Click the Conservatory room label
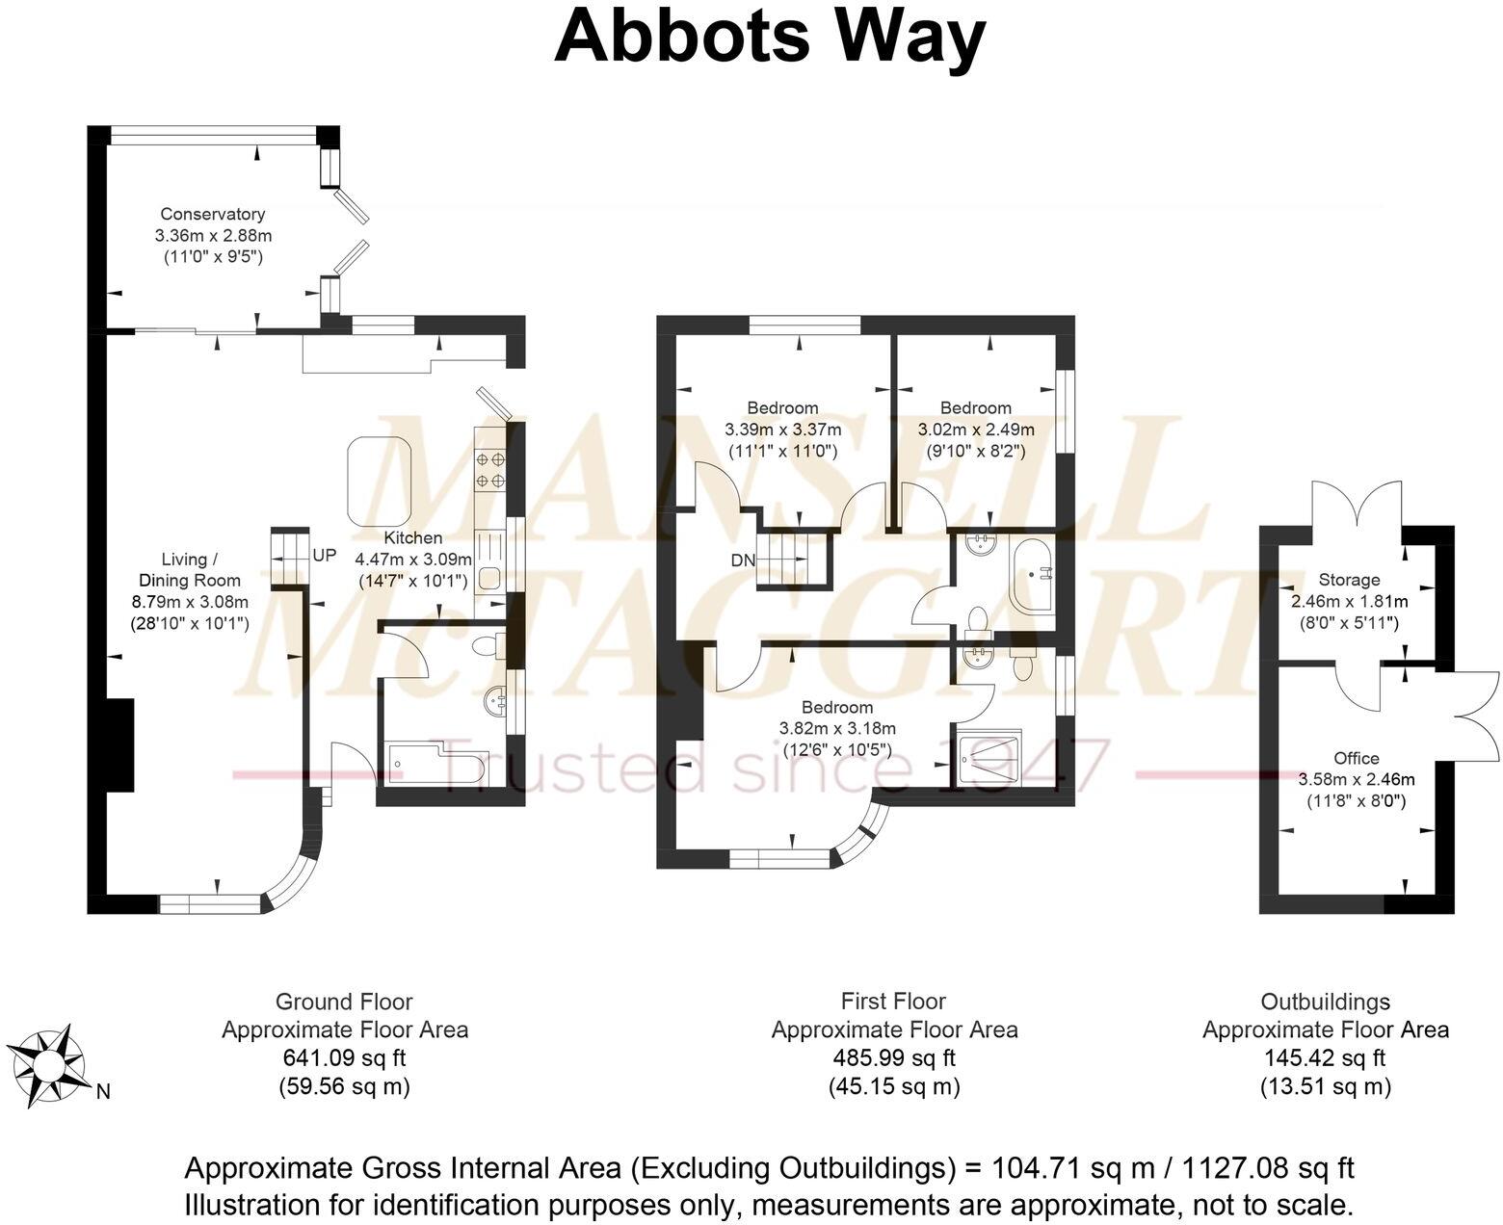point(212,214)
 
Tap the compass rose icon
point(48,1066)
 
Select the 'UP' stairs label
point(325,556)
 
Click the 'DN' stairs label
point(742,560)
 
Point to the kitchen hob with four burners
point(488,470)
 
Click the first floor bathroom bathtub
point(1032,575)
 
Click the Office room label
point(1356,758)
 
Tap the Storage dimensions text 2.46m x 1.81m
point(1349,601)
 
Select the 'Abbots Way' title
point(769,37)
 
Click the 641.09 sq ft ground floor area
point(344,1057)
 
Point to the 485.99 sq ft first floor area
point(893,1057)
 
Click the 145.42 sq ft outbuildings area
point(1325,1057)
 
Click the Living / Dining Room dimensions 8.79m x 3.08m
point(190,602)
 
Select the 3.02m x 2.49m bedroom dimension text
point(976,430)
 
